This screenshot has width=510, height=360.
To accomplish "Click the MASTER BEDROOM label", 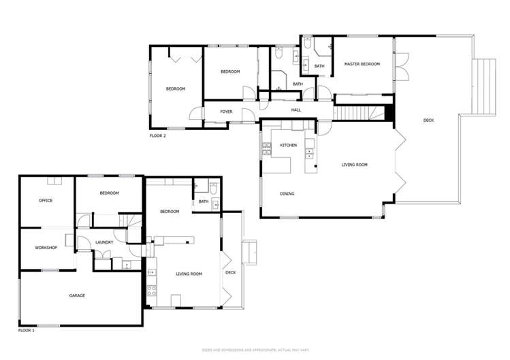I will [362, 64].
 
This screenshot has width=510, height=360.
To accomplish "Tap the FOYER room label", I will [226, 112].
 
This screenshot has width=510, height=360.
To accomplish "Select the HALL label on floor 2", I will [296, 110].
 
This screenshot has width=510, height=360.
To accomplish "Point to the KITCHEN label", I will [288, 145].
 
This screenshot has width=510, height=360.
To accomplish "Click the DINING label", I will [287, 194].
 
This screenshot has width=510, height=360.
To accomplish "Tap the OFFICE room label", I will [46, 201].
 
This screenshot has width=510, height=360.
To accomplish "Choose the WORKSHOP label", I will [46, 247].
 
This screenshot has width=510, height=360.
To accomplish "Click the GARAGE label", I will [77, 295].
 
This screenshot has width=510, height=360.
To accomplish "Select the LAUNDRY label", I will [104, 242].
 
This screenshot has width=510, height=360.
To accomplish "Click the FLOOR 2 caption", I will [157, 135].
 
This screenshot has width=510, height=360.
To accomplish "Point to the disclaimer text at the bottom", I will [255, 349].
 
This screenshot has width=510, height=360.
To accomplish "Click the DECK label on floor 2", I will [428, 120].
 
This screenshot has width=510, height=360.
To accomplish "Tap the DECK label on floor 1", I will [230, 273].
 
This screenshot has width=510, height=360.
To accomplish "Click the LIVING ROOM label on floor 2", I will [354, 165].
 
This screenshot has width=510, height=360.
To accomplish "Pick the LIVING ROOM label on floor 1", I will [189, 274].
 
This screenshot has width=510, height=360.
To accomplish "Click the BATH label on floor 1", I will [203, 201].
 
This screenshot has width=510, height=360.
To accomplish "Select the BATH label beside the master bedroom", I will [319, 65].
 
